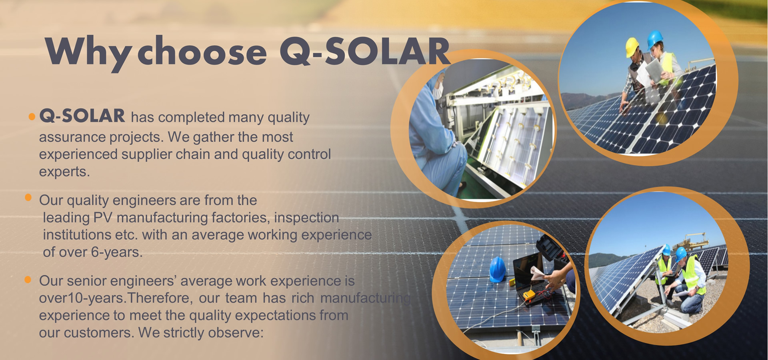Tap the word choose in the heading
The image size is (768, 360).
[202, 52]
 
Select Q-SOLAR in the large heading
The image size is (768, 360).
[365, 52]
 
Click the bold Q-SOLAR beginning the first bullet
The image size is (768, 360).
[82, 116]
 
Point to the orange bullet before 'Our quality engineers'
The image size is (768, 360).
[28, 198]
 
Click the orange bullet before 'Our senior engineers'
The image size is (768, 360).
[28, 280]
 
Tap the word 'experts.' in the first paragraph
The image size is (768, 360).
[64, 172]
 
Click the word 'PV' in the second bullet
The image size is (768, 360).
[103, 218]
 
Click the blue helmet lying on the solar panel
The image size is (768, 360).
[498, 269]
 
